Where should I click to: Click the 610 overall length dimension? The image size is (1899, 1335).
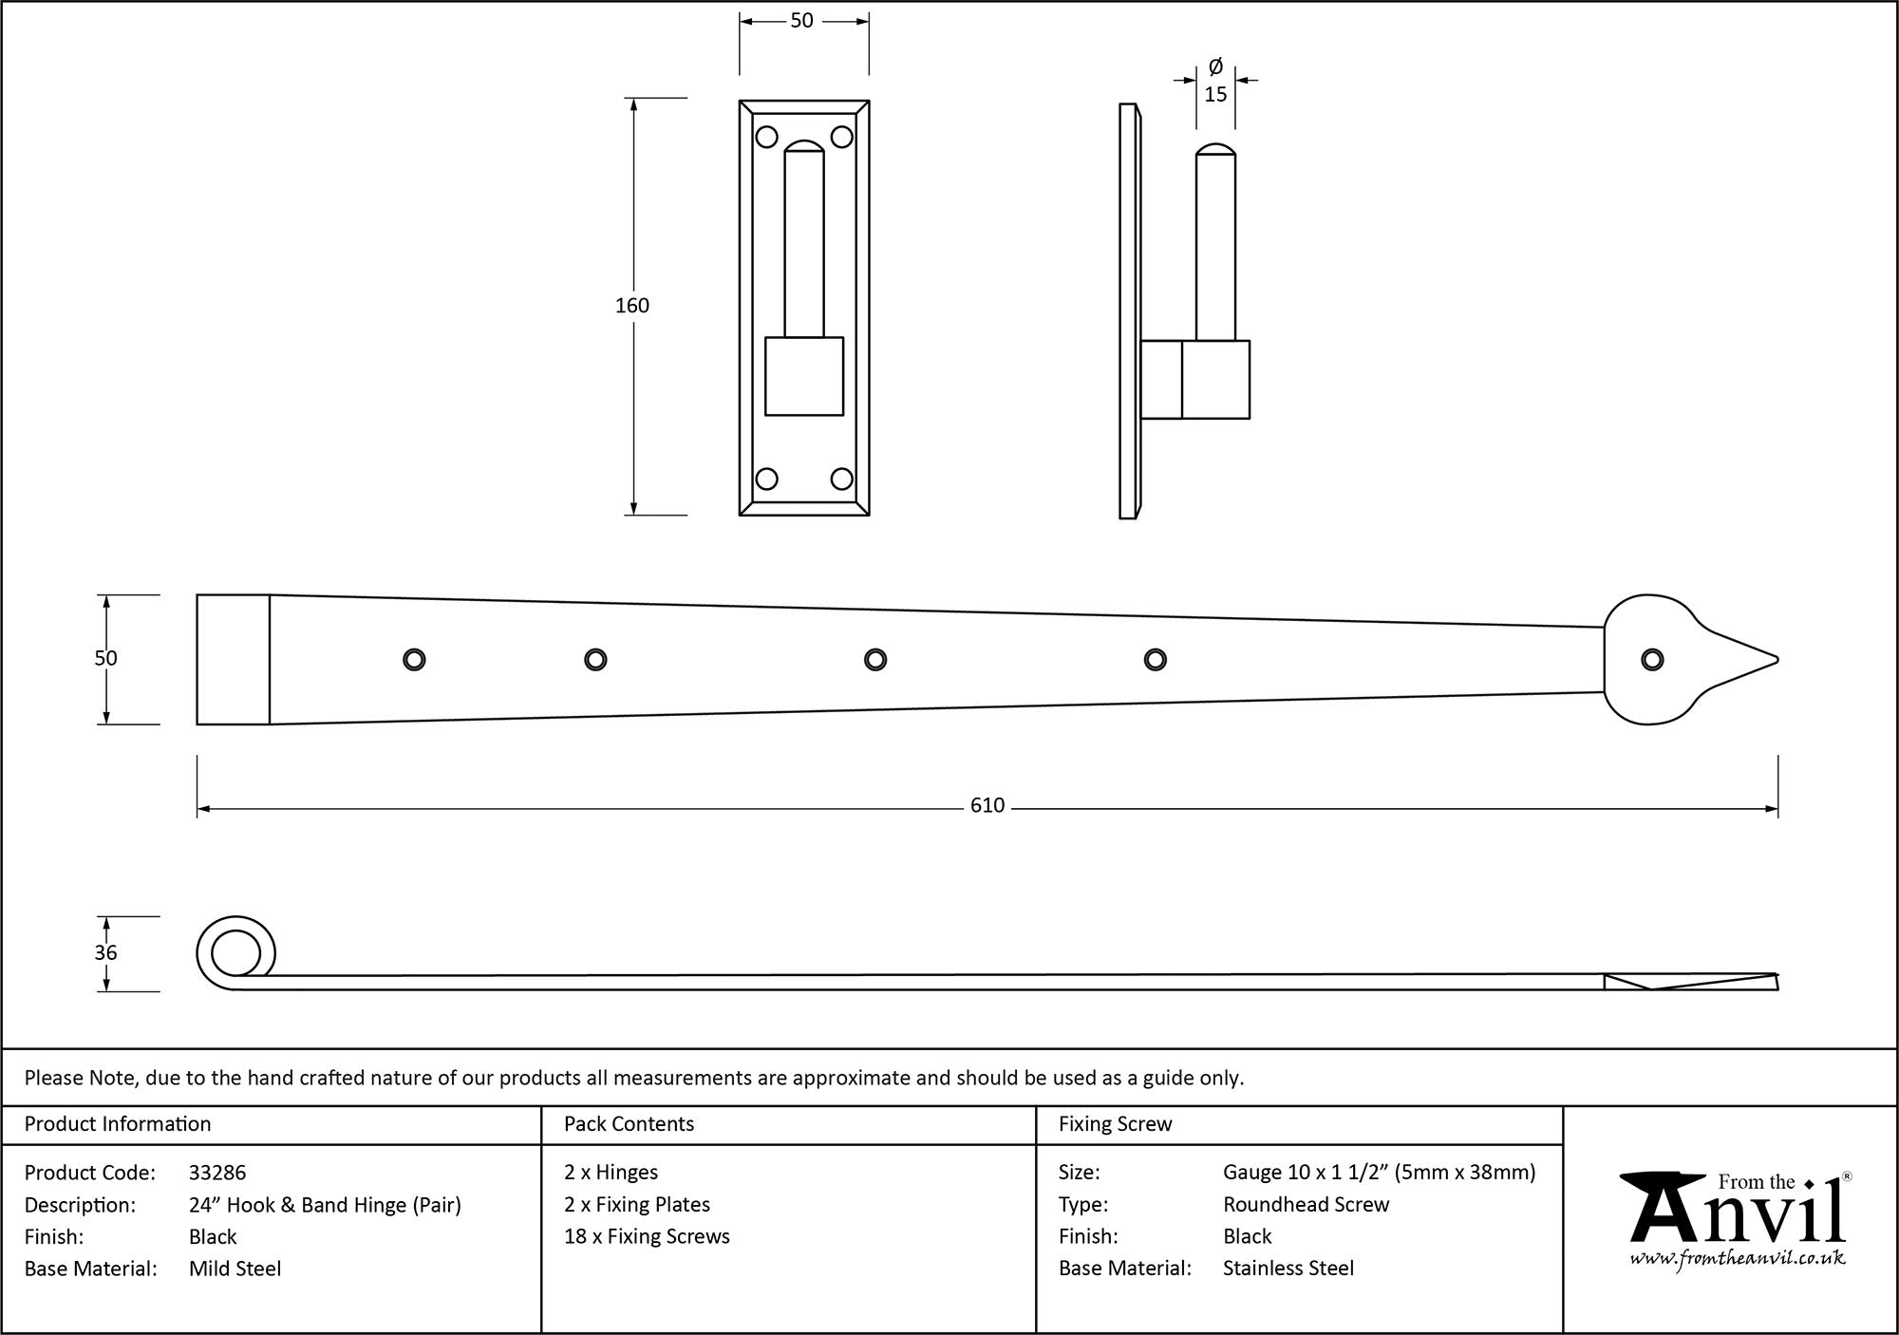[x=987, y=806]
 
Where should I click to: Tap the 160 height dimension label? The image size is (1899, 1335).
[x=632, y=306]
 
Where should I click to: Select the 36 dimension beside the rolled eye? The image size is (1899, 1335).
[x=105, y=952]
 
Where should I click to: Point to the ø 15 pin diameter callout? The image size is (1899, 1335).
[x=1215, y=82]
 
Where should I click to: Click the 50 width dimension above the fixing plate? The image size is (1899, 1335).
[x=801, y=21]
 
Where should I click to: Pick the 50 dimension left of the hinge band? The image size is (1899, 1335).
[x=105, y=658]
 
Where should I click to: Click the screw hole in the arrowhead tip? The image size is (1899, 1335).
[x=1652, y=660]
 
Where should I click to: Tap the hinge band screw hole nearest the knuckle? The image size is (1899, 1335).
[x=414, y=660]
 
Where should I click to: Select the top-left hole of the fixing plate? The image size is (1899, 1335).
[x=766, y=138]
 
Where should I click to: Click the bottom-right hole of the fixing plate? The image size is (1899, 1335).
[x=841, y=479]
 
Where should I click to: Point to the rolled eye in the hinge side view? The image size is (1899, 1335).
[x=235, y=952]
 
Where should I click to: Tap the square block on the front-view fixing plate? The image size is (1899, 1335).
[x=803, y=376]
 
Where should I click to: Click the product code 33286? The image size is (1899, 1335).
[x=217, y=1173]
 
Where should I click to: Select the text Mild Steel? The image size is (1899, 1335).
[x=235, y=1269]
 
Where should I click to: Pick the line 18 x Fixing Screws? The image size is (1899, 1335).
[x=647, y=1236]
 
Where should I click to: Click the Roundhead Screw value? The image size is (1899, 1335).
[x=1306, y=1205]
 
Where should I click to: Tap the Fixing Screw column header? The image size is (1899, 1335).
[x=1115, y=1124]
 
